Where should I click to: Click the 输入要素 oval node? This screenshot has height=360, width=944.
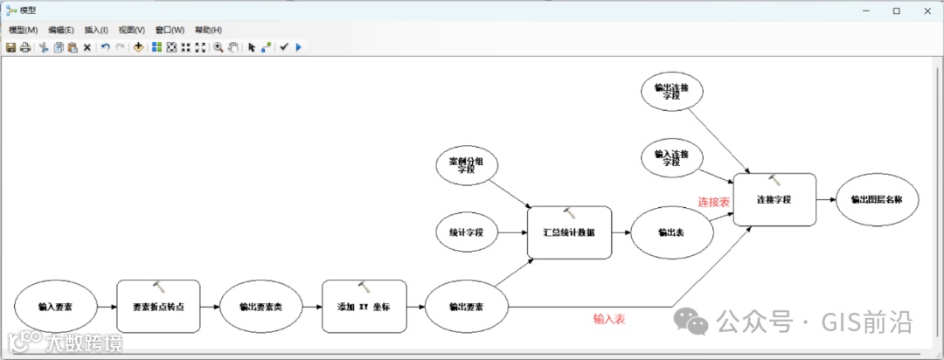(x=55, y=307)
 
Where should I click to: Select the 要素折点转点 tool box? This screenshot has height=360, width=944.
(x=158, y=307)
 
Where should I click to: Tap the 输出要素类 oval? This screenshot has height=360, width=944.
(x=260, y=307)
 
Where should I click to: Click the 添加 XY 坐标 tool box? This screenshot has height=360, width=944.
(x=364, y=307)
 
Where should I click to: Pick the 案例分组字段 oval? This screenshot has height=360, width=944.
(x=466, y=163)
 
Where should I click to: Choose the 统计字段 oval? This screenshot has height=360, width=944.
(x=466, y=232)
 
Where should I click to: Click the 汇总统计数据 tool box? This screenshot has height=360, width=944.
(x=569, y=232)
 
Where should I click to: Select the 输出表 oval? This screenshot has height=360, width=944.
(x=671, y=232)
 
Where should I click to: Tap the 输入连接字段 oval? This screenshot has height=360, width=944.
(x=671, y=158)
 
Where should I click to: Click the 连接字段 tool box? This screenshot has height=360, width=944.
(x=774, y=199)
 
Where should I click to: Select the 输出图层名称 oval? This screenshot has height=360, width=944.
(x=877, y=199)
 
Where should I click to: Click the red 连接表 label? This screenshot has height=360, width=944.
(x=713, y=202)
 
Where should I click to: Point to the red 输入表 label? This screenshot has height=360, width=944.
(x=609, y=320)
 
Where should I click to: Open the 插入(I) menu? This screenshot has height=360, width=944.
(x=96, y=30)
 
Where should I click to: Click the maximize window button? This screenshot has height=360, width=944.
(x=896, y=10)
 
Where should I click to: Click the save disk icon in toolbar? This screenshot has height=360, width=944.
(x=10, y=47)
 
